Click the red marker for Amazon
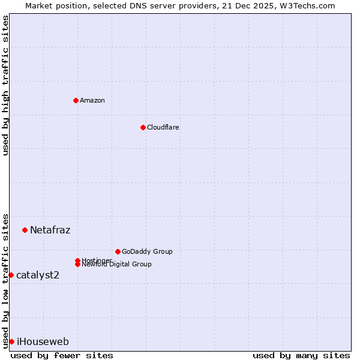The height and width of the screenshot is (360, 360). pos(76,100)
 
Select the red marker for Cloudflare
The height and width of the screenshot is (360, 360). pos(143,127)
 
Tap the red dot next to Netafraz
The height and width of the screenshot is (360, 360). pos(25,230)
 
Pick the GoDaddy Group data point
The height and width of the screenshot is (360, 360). pos(118,251)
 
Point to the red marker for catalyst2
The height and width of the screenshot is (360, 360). pos(11,275)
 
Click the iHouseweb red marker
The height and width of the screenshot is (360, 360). pos(11,341)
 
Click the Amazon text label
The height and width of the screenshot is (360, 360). pos(92,100)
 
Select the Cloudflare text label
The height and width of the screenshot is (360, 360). pos(163,127)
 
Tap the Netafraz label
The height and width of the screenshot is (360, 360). pos(50,230)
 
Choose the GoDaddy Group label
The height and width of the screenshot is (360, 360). pos(147,251)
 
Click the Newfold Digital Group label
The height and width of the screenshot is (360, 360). pos(117,264)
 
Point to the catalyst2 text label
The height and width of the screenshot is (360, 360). pos(38,275)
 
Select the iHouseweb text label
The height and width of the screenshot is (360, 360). pos(43,341)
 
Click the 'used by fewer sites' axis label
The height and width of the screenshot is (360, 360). pos(62,355)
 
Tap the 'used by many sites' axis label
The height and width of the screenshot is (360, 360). pos(301,355)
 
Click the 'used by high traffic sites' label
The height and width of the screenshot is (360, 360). pos(5,85)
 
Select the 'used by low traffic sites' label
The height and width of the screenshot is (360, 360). pos(5,280)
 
